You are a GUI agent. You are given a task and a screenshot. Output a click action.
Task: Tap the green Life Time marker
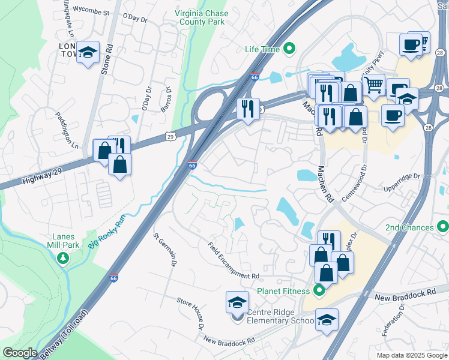click(289, 49)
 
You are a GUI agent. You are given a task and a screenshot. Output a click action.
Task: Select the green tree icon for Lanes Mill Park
click(62, 258)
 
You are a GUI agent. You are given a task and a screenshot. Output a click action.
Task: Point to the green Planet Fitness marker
click(319, 291)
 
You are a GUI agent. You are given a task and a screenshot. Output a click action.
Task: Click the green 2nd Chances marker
click(443, 227)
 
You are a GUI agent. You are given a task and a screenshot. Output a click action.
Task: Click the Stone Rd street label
click(107, 57)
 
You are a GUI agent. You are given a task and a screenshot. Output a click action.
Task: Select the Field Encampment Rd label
click(234, 260)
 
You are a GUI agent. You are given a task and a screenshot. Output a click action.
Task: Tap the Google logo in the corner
click(19, 353)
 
